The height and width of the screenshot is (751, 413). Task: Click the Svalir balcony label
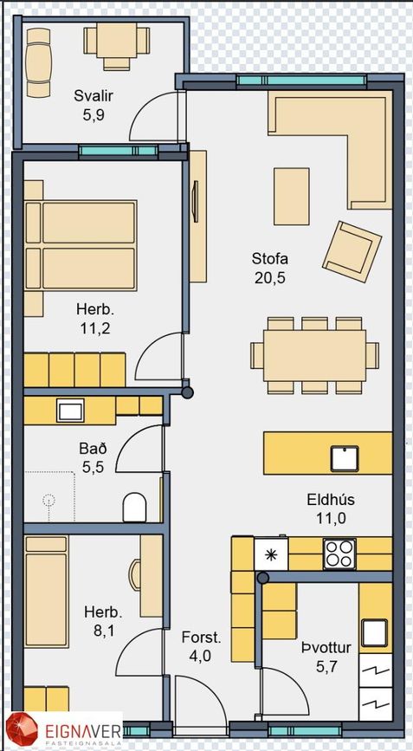[x=94, y=96]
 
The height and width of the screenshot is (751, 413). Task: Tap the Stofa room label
[x=270, y=259]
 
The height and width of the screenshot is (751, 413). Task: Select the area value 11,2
[x=95, y=328]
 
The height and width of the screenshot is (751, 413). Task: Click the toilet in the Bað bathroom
[x=134, y=507]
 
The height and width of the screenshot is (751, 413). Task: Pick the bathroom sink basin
[x=70, y=410]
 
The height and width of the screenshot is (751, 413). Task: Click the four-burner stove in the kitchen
[x=339, y=554]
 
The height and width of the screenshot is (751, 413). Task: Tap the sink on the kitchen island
[x=345, y=458]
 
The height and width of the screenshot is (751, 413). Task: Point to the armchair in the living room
[x=352, y=251]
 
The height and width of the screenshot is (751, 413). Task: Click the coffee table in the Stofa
[x=292, y=197]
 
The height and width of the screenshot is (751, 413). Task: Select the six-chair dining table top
[x=315, y=355]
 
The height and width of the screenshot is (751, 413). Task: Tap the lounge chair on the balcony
[x=38, y=62]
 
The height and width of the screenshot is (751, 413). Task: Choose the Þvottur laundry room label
[x=326, y=648]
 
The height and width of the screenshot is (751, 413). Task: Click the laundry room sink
[x=374, y=632]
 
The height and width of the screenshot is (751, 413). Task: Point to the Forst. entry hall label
[x=202, y=638]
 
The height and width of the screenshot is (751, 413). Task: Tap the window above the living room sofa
[x=301, y=81]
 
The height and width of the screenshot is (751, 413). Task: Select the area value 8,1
[x=103, y=631]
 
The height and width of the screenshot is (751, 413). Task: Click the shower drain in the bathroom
[x=48, y=501]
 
